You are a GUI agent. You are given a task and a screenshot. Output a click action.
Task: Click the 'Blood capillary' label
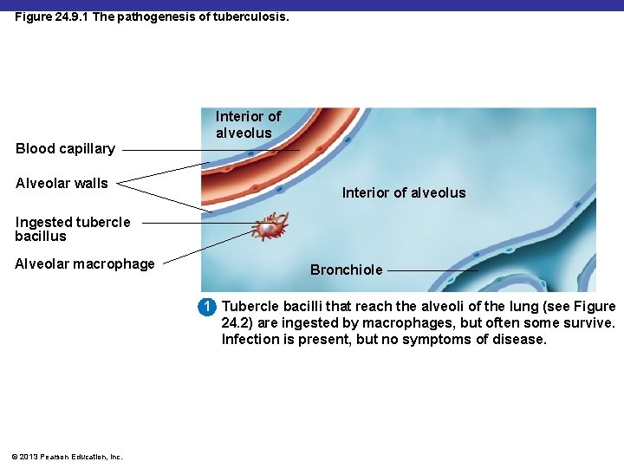pyautogui.click(x=65, y=148)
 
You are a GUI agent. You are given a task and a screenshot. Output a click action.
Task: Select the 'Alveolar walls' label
pyautogui.click(x=62, y=183)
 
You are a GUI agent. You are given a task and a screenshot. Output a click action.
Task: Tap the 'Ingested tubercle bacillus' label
pyautogui.click(x=72, y=229)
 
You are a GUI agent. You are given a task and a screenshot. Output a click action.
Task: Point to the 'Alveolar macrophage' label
pyautogui.click(x=84, y=263)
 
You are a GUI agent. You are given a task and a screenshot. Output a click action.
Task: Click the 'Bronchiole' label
pyautogui.click(x=346, y=270)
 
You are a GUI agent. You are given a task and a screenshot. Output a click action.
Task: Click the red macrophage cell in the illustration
pyautogui.click(x=270, y=227)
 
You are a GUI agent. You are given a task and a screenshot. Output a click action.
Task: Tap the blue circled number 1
pyautogui.click(x=207, y=307)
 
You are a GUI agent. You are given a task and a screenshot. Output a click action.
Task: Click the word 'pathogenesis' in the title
pyautogui.click(x=162, y=16)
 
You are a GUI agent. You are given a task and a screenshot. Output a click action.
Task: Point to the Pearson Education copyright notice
pyautogui.click(x=68, y=457)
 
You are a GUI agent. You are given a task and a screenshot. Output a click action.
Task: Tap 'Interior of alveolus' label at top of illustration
pyautogui.click(x=248, y=125)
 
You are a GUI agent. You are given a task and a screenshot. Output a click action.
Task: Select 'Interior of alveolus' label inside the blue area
pyautogui.click(x=403, y=192)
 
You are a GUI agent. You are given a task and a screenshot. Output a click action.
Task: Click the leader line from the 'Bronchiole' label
pyautogui.click(x=432, y=270)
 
